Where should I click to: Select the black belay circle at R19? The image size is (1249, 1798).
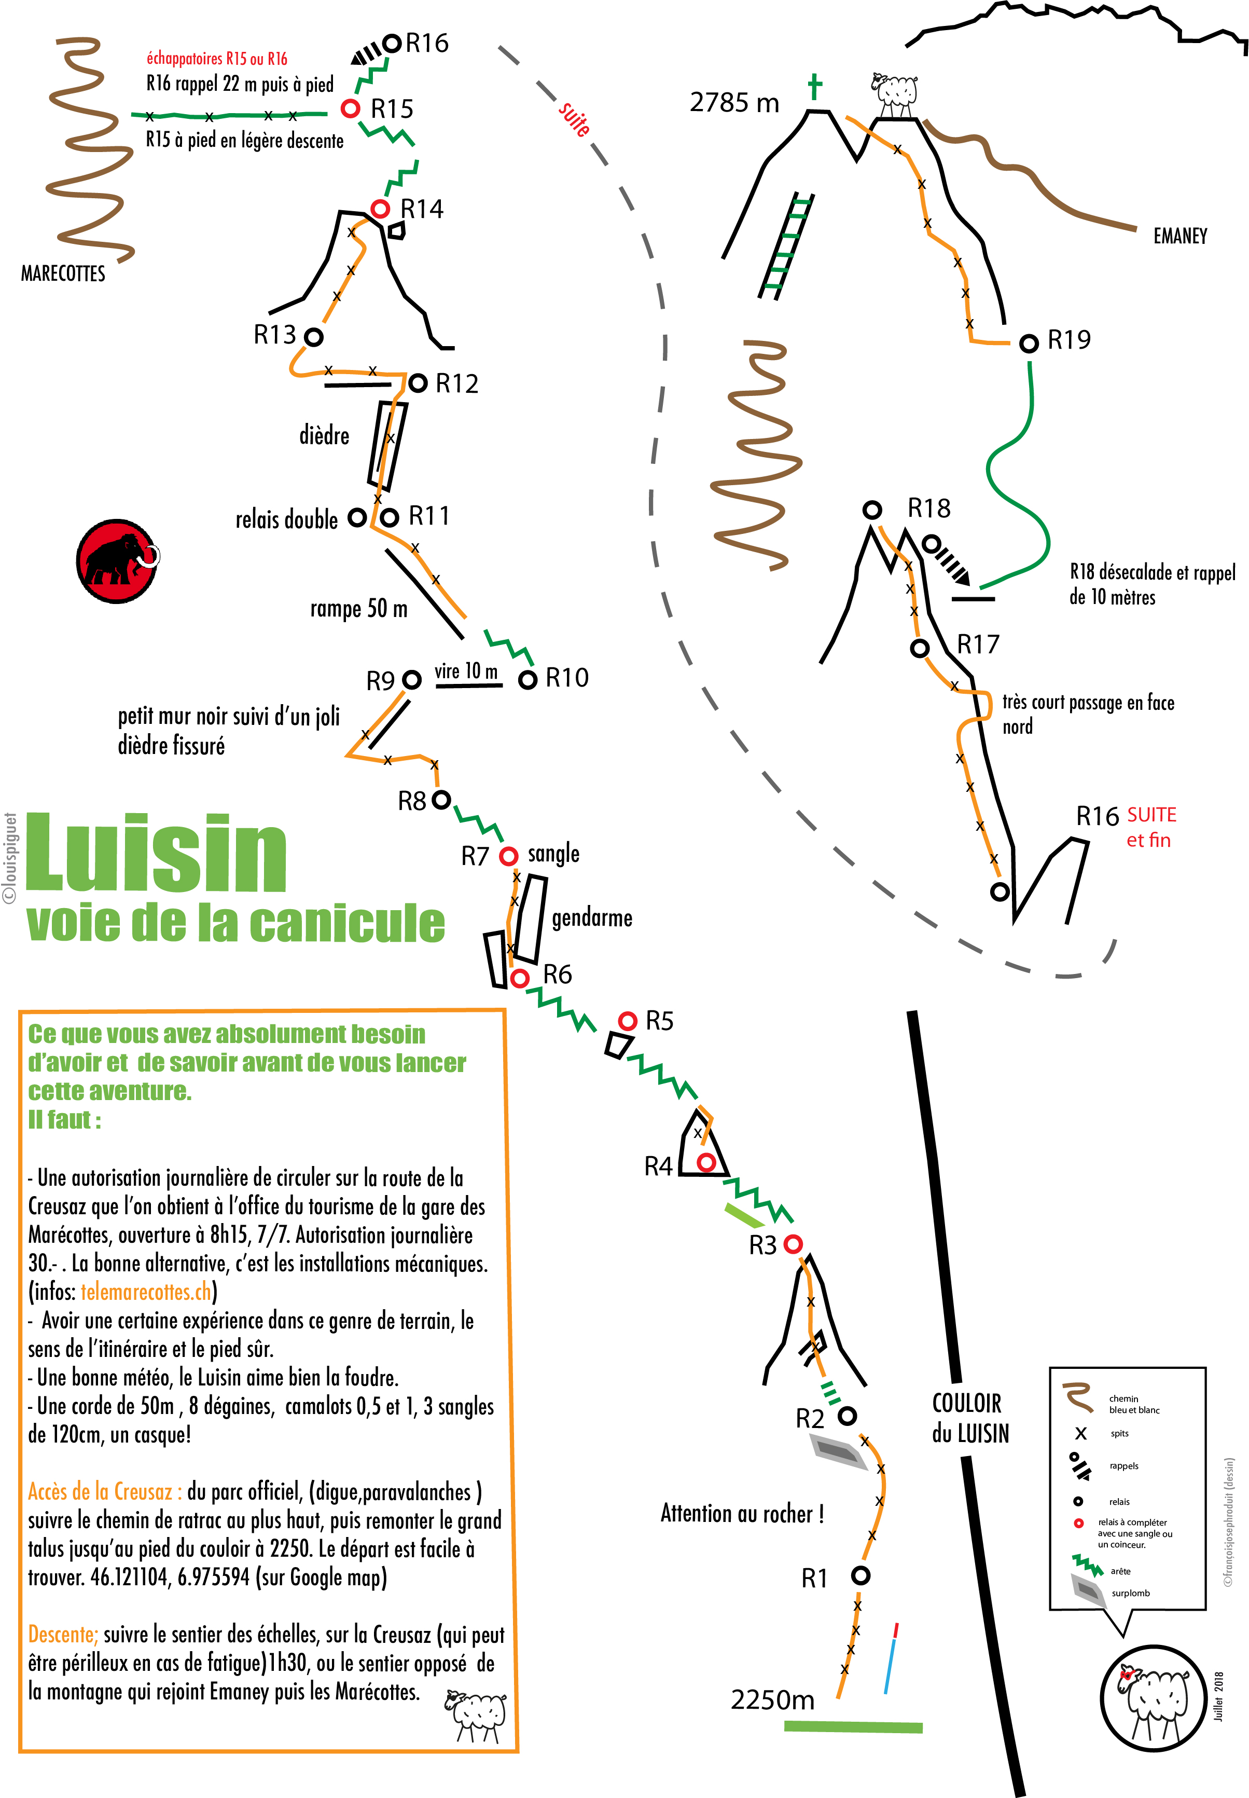[x=1029, y=343]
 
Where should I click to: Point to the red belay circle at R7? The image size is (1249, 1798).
[x=509, y=856]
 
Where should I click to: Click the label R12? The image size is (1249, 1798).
[x=456, y=383]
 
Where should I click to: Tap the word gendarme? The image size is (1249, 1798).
[x=592, y=917]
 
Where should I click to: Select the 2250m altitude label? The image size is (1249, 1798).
[x=772, y=1700]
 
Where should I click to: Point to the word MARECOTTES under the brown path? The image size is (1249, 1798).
[x=63, y=274]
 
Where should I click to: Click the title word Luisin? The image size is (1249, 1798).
[x=157, y=853]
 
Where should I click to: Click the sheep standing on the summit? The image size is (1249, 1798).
[x=895, y=94]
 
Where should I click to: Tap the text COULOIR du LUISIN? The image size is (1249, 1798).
[x=969, y=1418]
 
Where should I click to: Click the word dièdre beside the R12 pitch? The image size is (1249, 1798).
[x=324, y=435]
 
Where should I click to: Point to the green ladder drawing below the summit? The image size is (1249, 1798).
[x=786, y=245]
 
